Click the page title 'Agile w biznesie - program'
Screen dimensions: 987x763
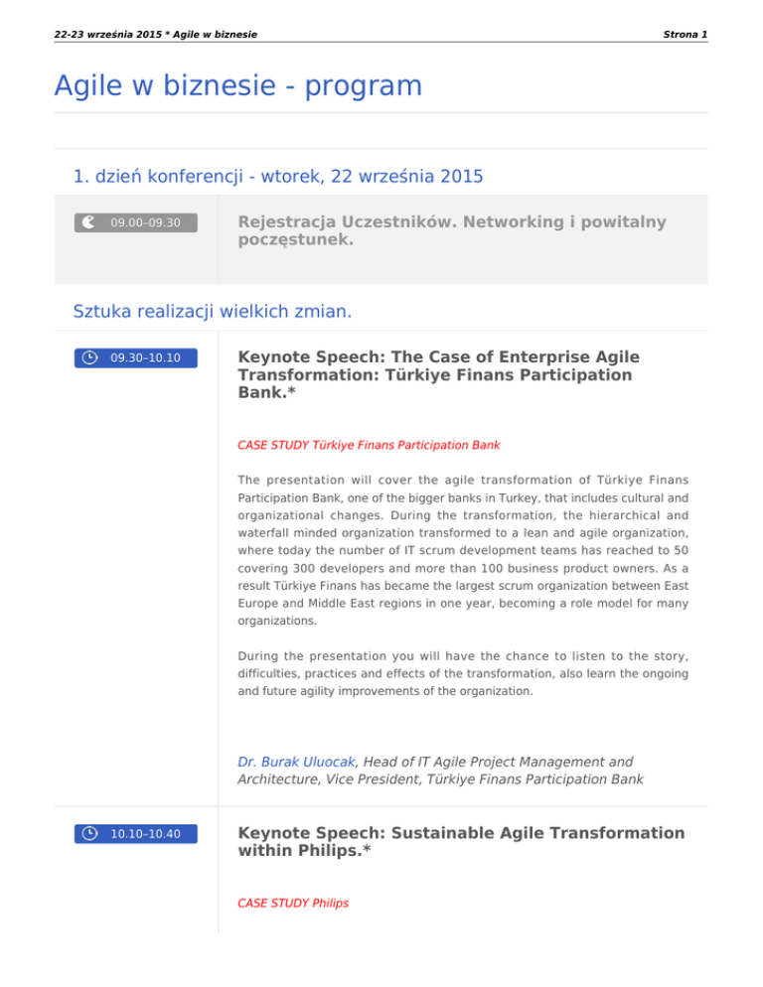coord(238,85)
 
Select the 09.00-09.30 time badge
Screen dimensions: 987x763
coord(136,222)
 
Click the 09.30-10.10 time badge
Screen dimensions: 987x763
coord(136,357)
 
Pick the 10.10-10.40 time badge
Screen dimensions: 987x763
coord(136,833)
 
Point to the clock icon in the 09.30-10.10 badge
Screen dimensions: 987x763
coord(89,357)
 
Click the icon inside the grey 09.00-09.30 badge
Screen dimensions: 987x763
coord(89,222)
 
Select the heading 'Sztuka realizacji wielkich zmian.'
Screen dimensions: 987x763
coord(212,312)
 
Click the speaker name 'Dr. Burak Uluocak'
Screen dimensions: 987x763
coord(297,762)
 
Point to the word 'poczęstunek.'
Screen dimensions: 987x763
coord(296,240)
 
